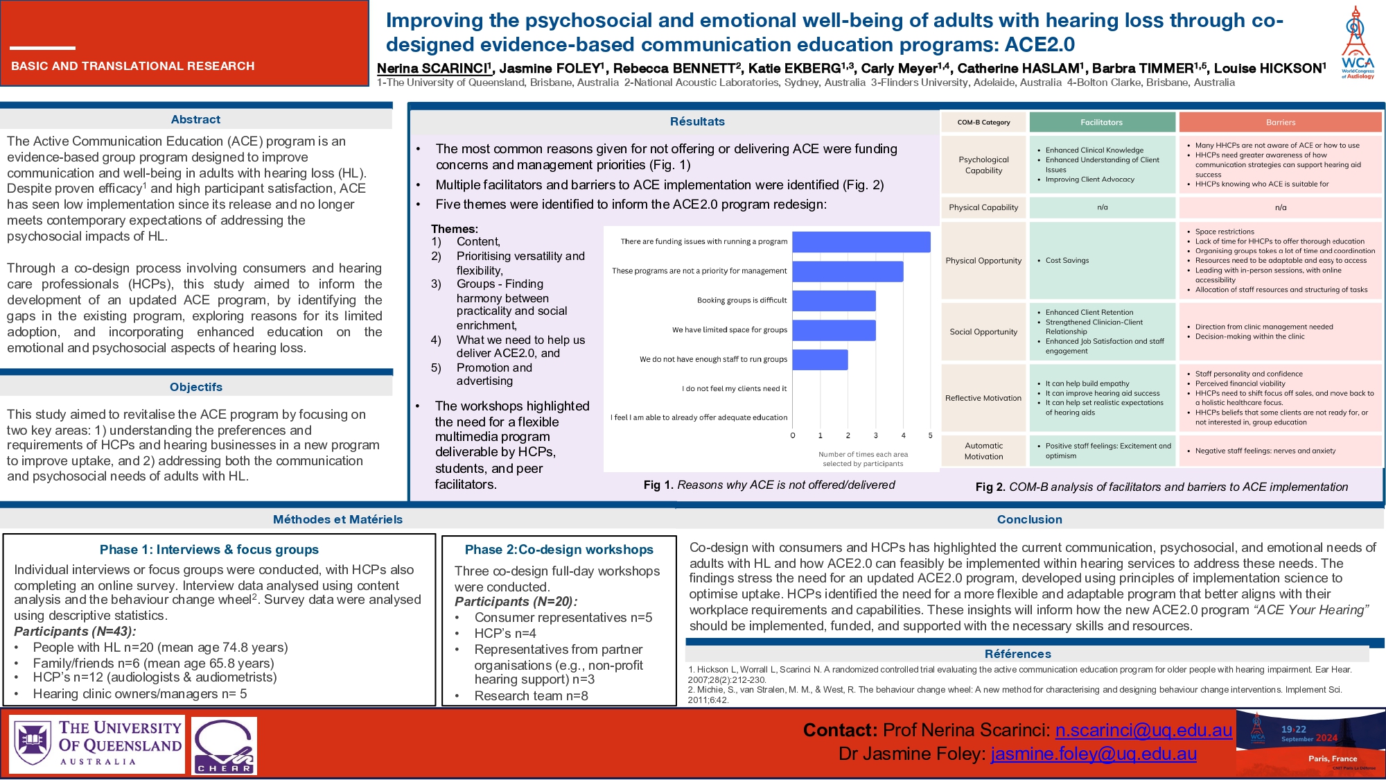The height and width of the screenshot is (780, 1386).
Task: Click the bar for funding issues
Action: coord(861,242)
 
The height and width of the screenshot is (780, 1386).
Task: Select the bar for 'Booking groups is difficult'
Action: coord(834,301)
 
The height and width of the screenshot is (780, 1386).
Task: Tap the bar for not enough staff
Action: coord(820,360)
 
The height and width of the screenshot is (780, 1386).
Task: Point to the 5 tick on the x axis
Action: coord(930,435)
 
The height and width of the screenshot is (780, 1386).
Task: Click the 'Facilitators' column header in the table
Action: coord(1101,123)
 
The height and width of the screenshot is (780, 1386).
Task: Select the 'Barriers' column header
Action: coord(1280,123)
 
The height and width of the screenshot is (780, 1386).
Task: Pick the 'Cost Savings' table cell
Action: coord(1067,261)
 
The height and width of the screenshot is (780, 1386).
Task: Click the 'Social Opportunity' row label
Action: coord(983,332)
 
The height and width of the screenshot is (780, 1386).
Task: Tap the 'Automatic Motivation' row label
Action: coord(983,451)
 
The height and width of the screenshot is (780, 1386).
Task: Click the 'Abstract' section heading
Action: coord(195,120)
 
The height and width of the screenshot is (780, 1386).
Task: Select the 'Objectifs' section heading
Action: coord(196,387)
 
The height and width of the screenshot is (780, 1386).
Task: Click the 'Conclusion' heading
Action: coord(1029,519)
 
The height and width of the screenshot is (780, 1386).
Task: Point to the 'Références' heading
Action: coord(1017,654)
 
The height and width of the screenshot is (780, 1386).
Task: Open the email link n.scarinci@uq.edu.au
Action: coord(1143,730)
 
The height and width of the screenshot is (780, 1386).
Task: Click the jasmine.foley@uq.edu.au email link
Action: coord(1094,754)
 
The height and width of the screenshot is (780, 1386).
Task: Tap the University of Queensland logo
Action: coord(97,745)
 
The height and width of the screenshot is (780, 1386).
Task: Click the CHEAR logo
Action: coord(224,745)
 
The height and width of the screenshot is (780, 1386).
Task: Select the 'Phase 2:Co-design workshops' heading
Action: coord(559,550)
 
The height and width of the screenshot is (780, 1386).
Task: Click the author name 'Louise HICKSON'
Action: coord(1270,69)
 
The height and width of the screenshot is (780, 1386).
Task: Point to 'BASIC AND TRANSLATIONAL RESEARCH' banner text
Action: coord(133,66)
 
